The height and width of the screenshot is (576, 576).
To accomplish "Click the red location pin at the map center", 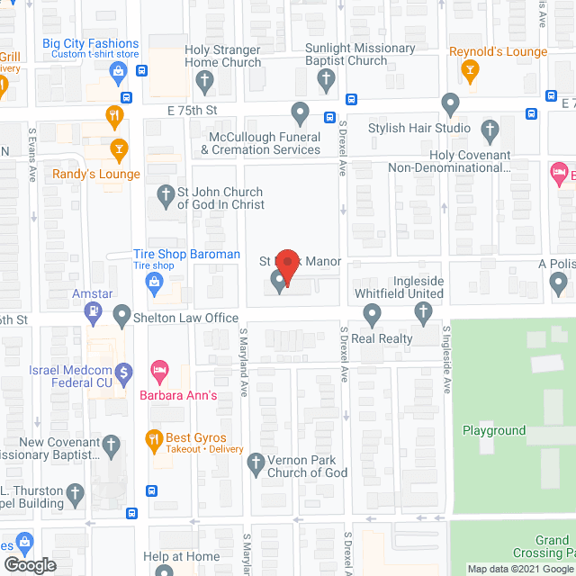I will (x=286, y=266).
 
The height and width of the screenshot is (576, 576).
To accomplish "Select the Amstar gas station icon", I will (x=93, y=314).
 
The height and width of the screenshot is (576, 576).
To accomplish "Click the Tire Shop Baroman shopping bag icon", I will (x=154, y=284).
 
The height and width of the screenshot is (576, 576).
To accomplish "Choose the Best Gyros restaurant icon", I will (x=153, y=440).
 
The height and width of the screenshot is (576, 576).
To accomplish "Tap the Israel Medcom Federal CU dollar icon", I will (x=125, y=371).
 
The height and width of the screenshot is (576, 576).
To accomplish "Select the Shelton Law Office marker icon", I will (x=122, y=316).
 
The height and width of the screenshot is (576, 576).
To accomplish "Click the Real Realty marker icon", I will (x=372, y=315).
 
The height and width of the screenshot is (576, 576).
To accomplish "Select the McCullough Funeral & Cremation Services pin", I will (x=300, y=114).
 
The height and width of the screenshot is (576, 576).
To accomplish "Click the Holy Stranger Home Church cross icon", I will (x=205, y=83).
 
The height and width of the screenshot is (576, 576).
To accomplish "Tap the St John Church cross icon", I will (x=166, y=193).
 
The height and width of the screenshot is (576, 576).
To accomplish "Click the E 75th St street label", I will (x=193, y=110).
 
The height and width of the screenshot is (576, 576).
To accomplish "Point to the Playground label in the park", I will (x=494, y=430).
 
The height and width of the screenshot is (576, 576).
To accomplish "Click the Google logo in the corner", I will (x=29, y=564).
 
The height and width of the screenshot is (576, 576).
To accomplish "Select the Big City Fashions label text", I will (x=90, y=43).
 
